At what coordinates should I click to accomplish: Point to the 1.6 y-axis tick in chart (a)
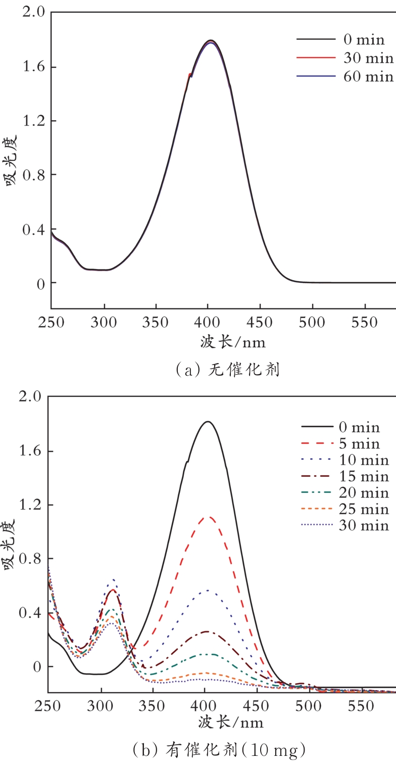point(32,67)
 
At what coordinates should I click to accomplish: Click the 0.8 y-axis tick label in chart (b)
point(30,559)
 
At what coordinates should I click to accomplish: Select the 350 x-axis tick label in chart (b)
point(153,707)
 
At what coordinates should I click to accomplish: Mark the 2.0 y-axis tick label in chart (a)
point(32,13)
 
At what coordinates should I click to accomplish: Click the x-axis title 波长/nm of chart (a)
point(232,342)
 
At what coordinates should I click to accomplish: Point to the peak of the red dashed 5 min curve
point(208,517)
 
